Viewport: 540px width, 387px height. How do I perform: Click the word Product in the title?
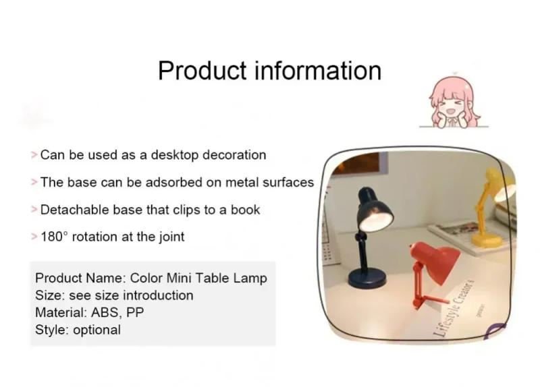pyautogui.click(x=200, y=70)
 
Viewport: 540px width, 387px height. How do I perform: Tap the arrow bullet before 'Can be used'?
pyautogui.click(x=34, y=155)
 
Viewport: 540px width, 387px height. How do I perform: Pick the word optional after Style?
pyautogui.click(x=97, y=330)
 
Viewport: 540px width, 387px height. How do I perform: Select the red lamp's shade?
pyautogui.click(x=435, y=259)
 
